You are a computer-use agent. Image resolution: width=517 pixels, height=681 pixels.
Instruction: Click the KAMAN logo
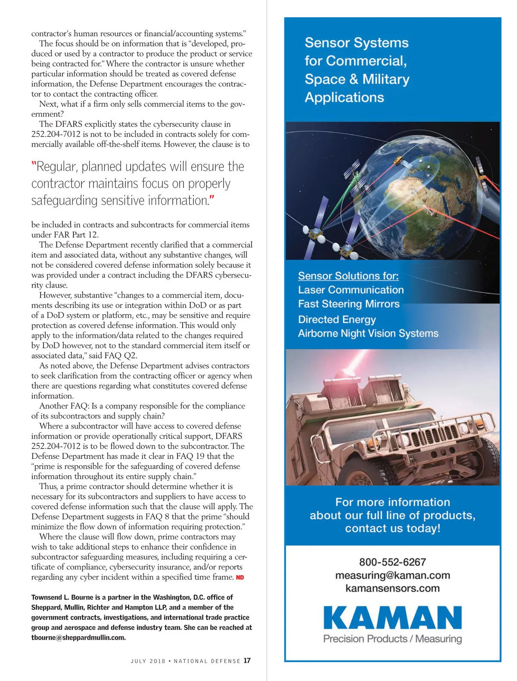click(x=392, y=618)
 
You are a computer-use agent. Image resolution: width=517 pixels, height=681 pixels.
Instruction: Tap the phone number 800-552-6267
click(x=392, y=562)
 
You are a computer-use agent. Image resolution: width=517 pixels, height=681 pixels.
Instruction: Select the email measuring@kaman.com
click(x=392, y=576)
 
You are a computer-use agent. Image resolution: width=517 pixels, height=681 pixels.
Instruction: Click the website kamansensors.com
click(x=392, y=588)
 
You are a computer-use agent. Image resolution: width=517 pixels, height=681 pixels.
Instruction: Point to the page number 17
click(x=247, y=661)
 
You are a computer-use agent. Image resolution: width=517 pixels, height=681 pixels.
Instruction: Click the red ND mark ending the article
click(x=240, y=578)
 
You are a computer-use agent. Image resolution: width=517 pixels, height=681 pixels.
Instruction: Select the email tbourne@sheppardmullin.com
click(x=78, y=638)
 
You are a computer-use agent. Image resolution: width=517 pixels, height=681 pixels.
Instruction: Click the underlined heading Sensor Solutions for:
click(x=348, y=276)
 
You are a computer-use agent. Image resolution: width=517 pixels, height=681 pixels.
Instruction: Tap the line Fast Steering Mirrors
click(x=349, y=304)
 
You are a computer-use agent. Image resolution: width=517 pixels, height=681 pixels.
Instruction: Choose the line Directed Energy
click(x=337, y=319)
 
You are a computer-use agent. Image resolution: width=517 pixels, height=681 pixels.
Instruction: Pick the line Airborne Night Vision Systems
click(x=368, y=334)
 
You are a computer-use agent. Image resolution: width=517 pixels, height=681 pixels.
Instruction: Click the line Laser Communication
click(x=351, y=290)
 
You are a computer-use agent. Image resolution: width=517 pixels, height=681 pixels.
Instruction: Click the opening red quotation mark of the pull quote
click(x=34, y=166)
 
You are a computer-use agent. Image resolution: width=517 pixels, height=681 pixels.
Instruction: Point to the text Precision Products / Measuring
click(x=392, y=639)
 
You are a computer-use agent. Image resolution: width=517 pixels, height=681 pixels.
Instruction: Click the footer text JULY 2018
click(x=148, y=661)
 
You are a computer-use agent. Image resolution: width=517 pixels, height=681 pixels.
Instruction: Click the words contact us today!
click(x=392, y=528)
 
